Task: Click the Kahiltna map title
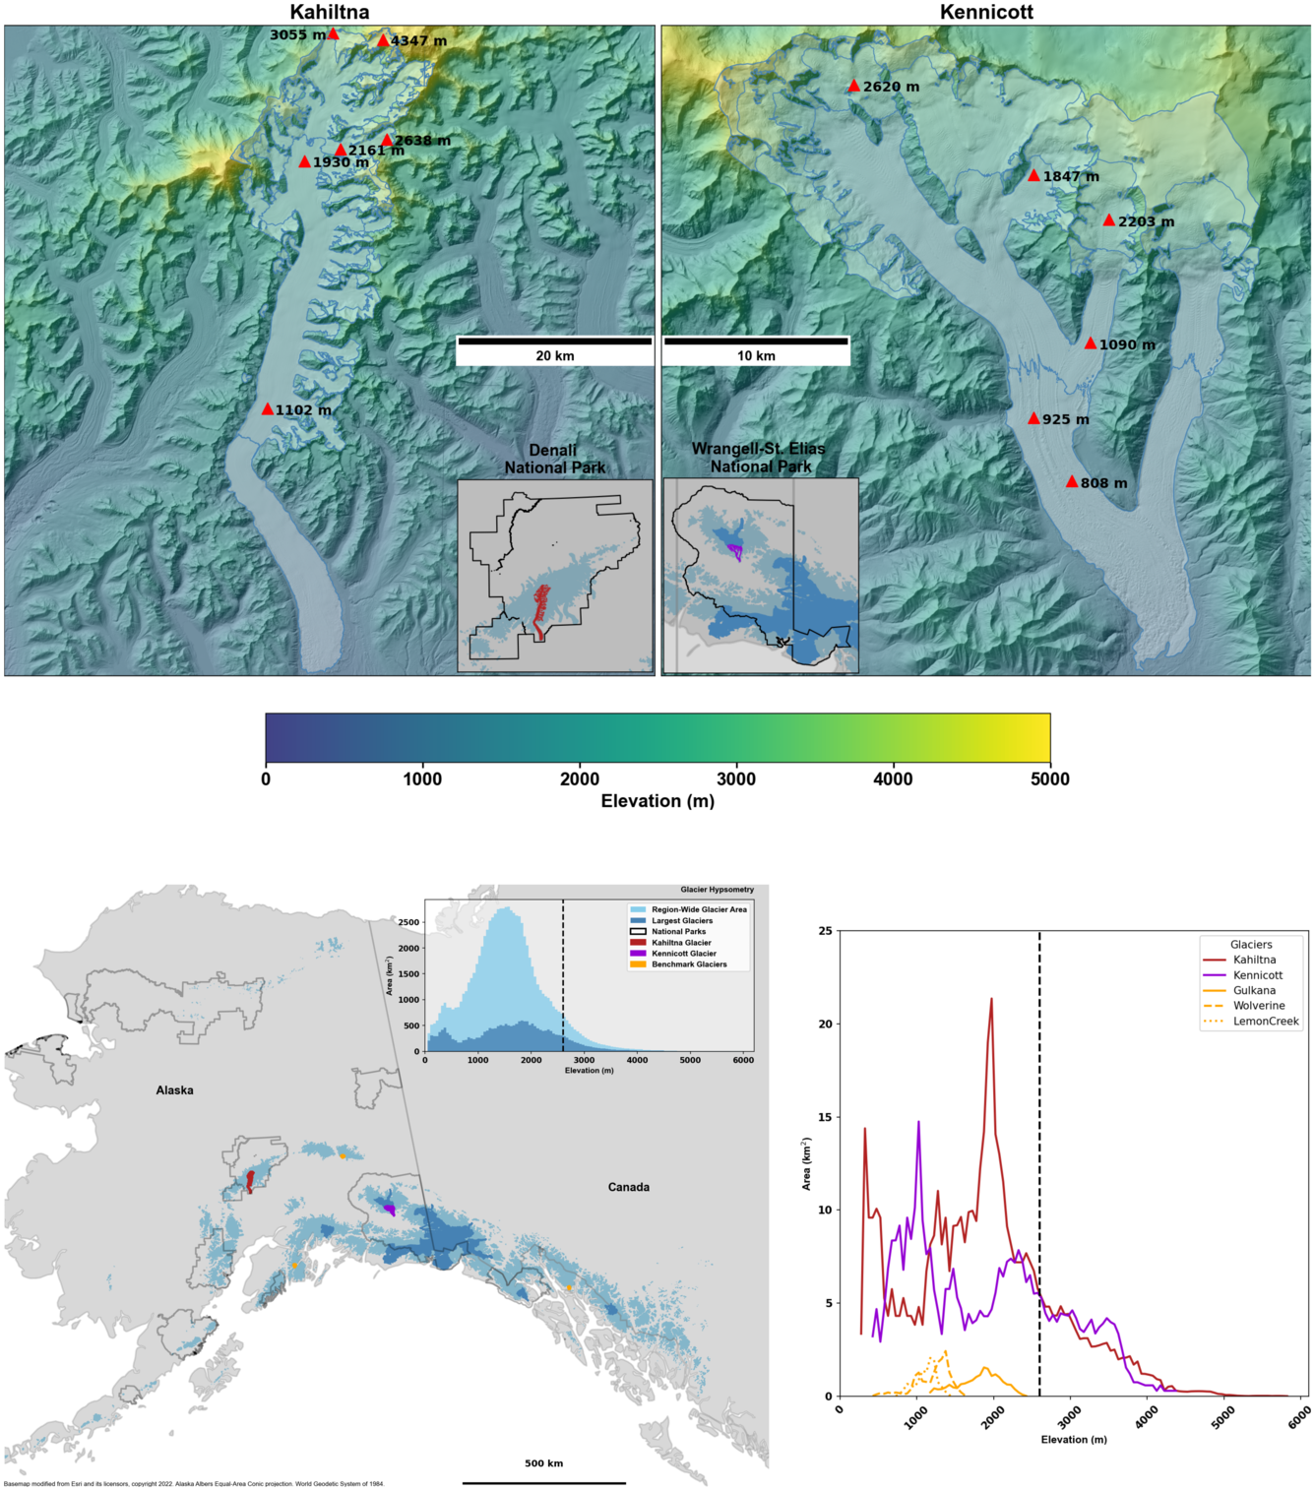point(330,12)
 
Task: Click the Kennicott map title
point(986,12)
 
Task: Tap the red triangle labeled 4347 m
point(383,40)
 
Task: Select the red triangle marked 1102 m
point(268,409)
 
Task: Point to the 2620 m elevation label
point(891,87)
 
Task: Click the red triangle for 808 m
point(1072,481)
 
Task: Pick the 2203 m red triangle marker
point(1109,220)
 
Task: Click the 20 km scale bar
point(554,342)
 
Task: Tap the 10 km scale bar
point(756,342)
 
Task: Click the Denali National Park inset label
point(554,459)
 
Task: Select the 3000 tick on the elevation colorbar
point(736,779)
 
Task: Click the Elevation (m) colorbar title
point(657,801)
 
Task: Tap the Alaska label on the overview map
point(174,1090)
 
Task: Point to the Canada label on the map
point(628,1187)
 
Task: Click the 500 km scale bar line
point(543,1482)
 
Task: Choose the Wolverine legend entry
point(1258,1006)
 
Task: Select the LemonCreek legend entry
point(1265,1022)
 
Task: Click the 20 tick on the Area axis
point(825,1024)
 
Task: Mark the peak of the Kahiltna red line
point(991,999)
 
